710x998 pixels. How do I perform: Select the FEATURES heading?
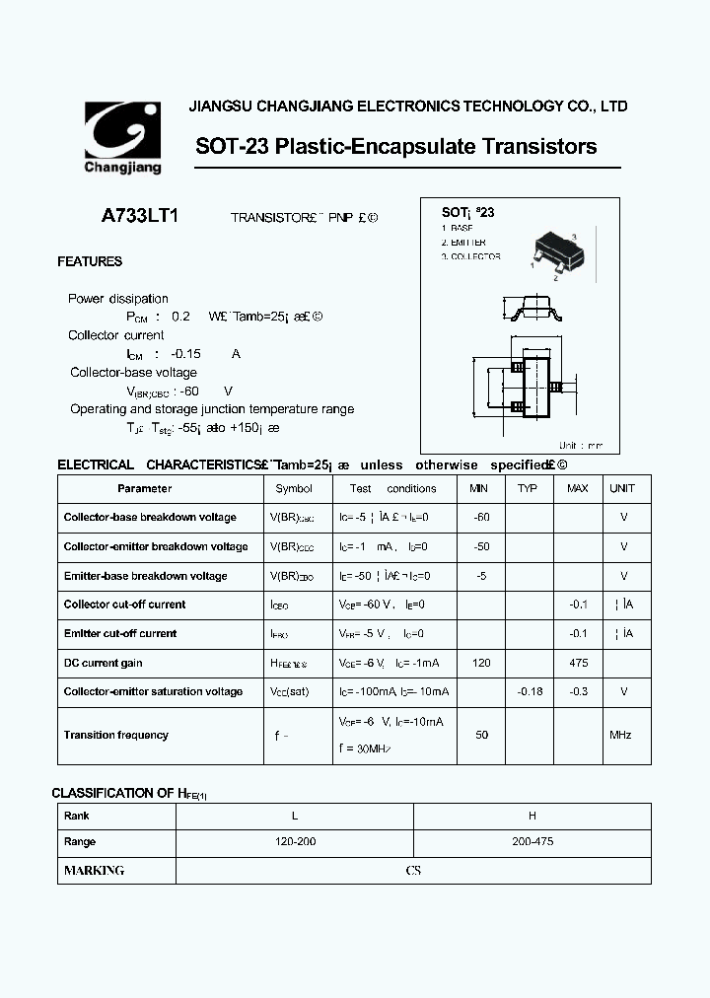point(90,261)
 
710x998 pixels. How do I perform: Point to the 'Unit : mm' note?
point(581,446)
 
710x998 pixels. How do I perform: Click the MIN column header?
point(479,488)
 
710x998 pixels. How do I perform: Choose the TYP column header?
point(528,488)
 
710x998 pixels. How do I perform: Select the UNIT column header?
point(622,488)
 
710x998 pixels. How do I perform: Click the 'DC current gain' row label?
point(104,663)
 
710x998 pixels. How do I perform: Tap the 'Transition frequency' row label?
point(116,735)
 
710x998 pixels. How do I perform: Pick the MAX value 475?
point(578,663)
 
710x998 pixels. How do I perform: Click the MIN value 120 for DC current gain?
point(481,663)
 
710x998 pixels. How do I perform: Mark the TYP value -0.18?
point(531,691)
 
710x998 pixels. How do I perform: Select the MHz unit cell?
point(620,735)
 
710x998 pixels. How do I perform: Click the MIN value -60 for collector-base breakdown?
point(481,517)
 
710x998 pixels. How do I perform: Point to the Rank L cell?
point(294,816)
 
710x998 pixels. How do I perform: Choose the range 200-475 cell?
point(532,842)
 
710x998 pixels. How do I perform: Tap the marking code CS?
point(413,871)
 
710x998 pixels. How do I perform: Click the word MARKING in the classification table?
point(95,871)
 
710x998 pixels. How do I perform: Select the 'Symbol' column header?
point(294,488)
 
